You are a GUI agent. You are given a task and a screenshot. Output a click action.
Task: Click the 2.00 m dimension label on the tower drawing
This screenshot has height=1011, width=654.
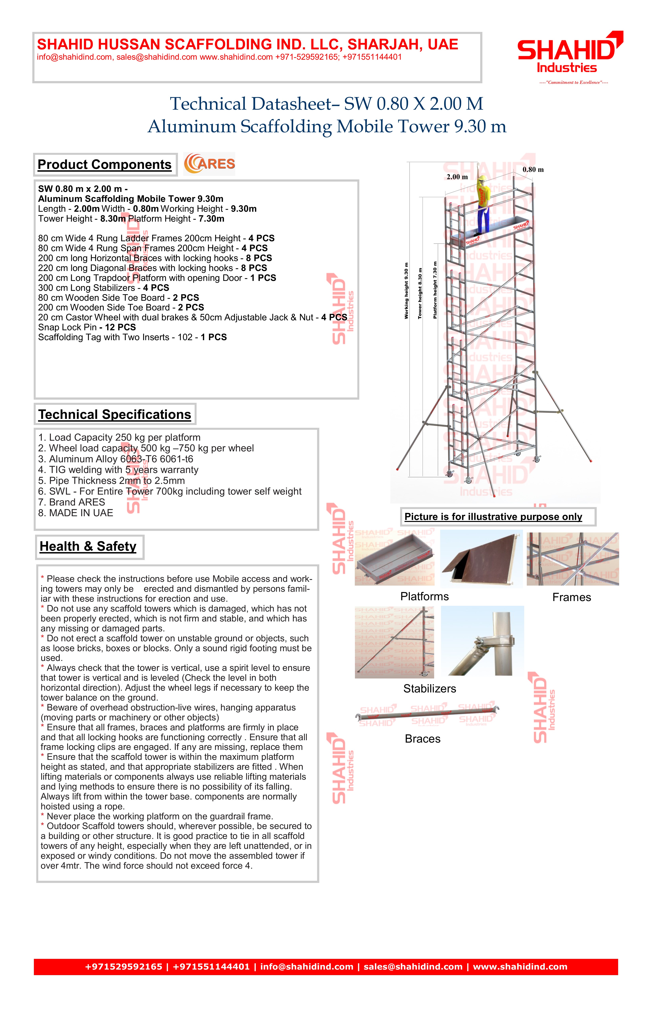(457, 177)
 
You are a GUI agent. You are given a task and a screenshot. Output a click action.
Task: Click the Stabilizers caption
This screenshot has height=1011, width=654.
(429, 689)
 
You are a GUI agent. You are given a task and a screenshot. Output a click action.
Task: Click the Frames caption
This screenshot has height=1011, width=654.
(572, 597)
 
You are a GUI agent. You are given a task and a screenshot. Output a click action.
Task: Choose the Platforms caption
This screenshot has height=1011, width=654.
(424, 596)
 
